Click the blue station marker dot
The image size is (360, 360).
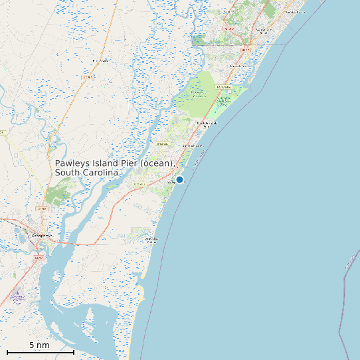[x=179, y=179]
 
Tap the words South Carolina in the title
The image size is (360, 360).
[x=86, y=173]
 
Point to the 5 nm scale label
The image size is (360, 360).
[x=39, y=345]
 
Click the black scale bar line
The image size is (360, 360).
[x=40, y=352]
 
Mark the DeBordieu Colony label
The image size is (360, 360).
[x=152, y=240]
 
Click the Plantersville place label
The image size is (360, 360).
[x=100, y=60]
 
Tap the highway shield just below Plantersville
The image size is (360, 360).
[x=86, y=77]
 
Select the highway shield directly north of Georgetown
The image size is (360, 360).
[x=42, y=209]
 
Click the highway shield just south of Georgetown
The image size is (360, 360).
[x=38, y=257]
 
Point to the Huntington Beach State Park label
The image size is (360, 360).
[x=225, y=100]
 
